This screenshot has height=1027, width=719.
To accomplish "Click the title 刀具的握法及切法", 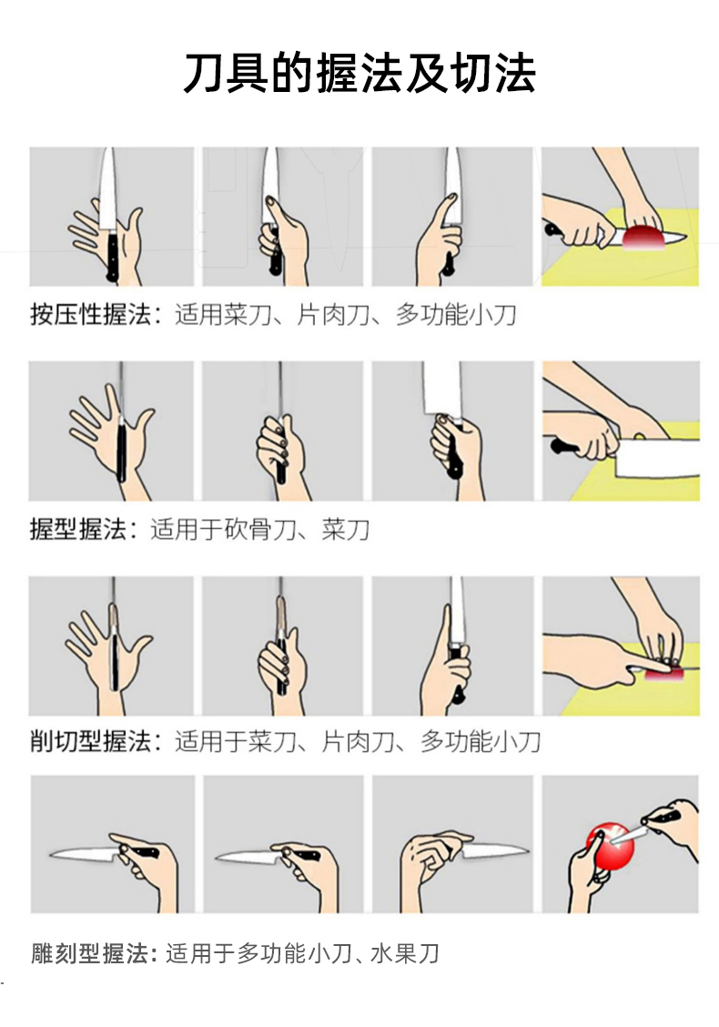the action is [x=359, y=73].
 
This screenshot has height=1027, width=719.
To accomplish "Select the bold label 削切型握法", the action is [x=90, y=741].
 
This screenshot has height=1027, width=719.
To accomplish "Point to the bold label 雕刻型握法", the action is [x=90, y=953].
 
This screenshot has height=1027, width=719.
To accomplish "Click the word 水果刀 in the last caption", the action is [x=405, y=953].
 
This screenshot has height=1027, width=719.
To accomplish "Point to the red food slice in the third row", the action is [x=663, y=675].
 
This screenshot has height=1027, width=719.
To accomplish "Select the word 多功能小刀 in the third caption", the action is [x=480, y=741].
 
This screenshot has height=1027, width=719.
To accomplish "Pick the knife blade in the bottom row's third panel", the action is [x=496, y=850].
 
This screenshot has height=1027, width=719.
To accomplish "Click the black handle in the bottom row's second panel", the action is [x=304, y=854].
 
